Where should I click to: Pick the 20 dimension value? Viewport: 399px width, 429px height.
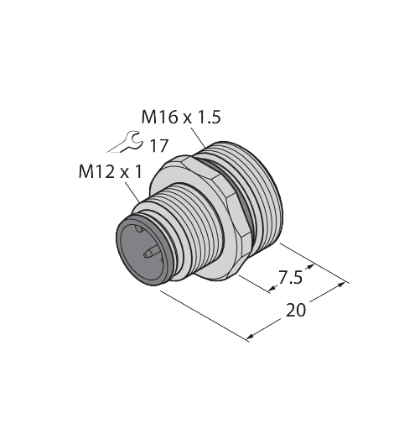pyautogui.click(x=296, y=310)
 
